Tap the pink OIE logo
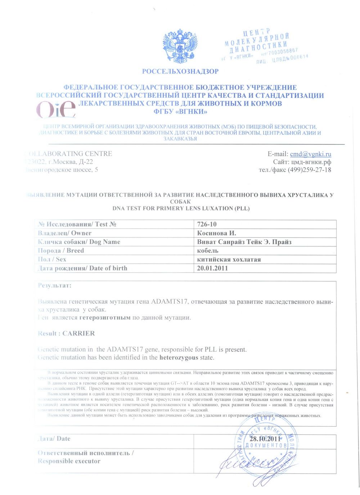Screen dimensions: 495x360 pyautogui.click(x=56, y=109)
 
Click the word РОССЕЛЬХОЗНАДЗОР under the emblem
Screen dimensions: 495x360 pyautogui.click(x=180, y=71)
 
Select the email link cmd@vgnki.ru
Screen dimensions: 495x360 pyautogui.click(x=310, y=154)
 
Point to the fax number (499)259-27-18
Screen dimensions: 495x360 pyautogui.click(x=309, y=170)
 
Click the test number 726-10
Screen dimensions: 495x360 pyautogui.click(x=207, y=224)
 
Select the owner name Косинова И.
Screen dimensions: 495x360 pyautogui.click(x=216, y=233)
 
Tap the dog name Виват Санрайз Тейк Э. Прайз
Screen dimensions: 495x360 pyautogui.click(x=244, y=242)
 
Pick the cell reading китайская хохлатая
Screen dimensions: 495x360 pyautogui.click(x=229, y=259)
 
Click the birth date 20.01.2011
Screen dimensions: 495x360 pyautogui.click(x=212, y=268)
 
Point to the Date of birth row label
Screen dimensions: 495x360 pyautogui.click(x=82, y=268)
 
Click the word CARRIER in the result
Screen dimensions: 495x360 pyautogui.click(x=78, y=333)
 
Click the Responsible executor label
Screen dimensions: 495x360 pyautogui.click(x=69, y=461)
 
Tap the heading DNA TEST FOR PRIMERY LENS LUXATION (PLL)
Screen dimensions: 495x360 pyautogui.click(x=181, y=208)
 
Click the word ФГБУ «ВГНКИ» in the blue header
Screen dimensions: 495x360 pyautogui.click(x=180, y=112)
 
